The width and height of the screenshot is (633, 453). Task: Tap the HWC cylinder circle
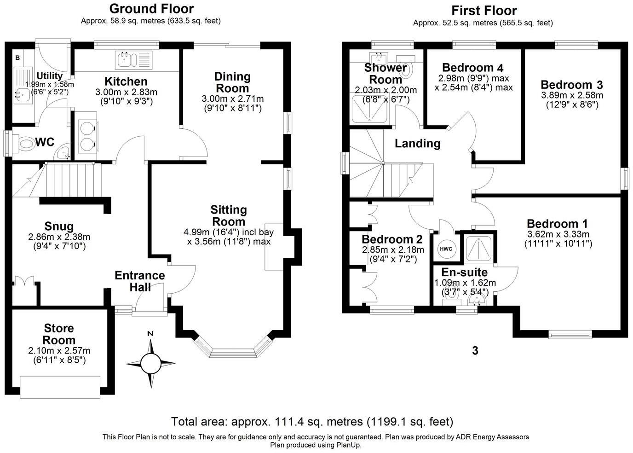446,249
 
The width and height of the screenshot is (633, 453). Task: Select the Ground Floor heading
151,9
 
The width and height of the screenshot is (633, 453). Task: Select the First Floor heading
484,10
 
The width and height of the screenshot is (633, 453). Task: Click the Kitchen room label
126,81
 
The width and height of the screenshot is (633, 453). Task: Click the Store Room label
59,334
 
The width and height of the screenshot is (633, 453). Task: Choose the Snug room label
59,226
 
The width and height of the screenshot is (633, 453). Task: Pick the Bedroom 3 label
572,85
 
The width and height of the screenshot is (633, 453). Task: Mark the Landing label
417,144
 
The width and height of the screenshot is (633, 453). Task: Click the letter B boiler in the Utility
17,58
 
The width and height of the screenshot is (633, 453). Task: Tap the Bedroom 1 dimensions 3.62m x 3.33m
558,234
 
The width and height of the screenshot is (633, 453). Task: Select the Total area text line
312,422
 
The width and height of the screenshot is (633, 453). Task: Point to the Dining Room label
232,82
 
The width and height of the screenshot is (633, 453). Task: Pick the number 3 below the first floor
475,351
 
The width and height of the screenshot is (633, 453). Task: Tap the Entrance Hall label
139,281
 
